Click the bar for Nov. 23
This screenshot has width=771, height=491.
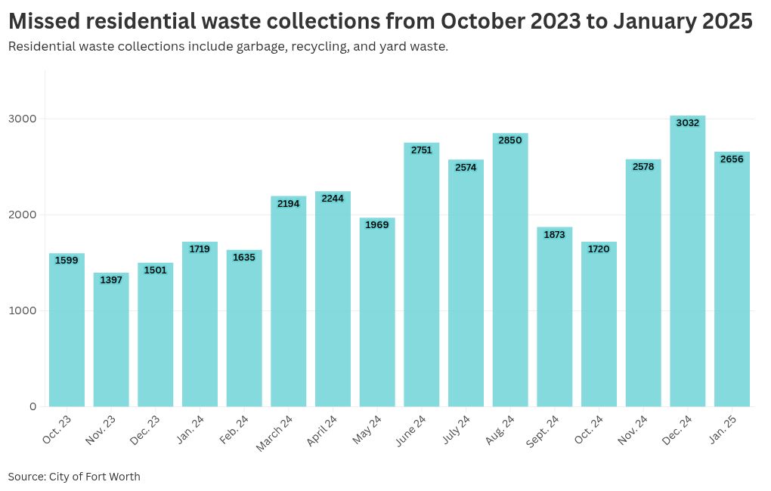[111, 339]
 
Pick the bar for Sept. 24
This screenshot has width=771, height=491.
[554, 317]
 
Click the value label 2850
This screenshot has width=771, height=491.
[510, 141]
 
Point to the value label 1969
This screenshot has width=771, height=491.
[377, 225]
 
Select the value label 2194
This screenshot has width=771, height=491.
[288, 203]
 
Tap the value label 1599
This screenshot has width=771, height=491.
[67, 261]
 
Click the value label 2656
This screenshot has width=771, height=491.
[732, 159]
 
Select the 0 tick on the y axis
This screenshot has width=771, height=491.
[33, 406]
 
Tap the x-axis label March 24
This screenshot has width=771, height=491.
[274, 434]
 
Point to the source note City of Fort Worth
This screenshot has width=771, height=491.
[94, 477]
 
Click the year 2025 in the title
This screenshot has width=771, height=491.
[723, 22]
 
